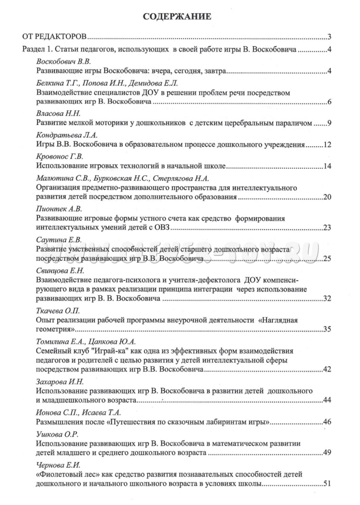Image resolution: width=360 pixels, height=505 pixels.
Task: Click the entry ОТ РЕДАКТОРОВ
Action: tap(54, 37)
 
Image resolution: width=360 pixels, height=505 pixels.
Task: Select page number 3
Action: tap(328, 37)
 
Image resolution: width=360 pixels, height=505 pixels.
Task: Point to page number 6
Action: tap(328, 102)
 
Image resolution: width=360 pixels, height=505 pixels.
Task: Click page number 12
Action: tap(326, 145)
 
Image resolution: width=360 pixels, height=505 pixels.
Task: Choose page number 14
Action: tap(326, 166)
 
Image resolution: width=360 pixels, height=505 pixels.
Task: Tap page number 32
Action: tap(326, 299)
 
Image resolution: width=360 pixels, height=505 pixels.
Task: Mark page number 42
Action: tap(326, 370)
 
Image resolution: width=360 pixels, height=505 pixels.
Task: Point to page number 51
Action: tap(326, 484)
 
